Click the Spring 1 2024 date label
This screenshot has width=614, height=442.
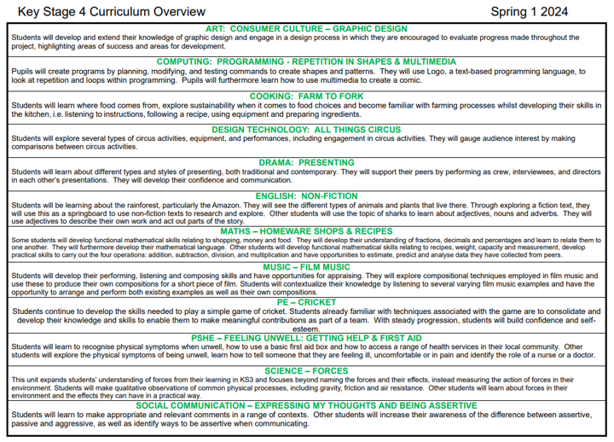[542, 11]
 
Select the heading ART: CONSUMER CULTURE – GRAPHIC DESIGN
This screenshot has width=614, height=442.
[306, 28]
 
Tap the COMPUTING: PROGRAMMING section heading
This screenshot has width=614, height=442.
[306, 61]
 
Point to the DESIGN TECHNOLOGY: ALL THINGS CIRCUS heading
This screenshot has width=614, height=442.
[306, 129]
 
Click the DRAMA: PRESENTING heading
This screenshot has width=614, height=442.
[306, 162]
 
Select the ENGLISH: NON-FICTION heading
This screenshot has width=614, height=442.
[306, 195]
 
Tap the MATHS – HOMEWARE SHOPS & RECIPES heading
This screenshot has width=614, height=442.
[306, 230]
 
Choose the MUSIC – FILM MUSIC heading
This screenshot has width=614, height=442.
[306, 267]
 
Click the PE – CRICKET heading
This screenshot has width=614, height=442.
[306, 302]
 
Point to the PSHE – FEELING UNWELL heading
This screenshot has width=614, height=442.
[306, 338]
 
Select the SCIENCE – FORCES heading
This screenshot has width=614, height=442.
[306, 371]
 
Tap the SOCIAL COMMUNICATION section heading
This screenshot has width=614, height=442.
[306, 404]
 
